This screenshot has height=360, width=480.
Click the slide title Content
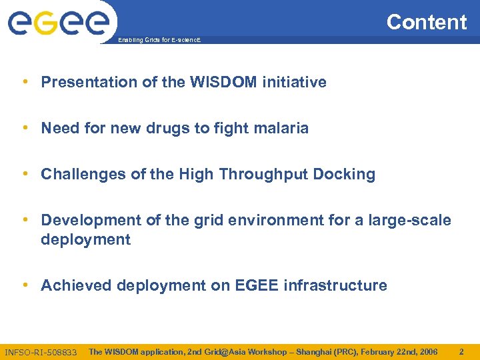tap(427, 22)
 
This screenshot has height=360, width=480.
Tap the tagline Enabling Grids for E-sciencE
tap(159, 41)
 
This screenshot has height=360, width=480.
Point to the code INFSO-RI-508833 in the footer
tap(41, 352)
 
